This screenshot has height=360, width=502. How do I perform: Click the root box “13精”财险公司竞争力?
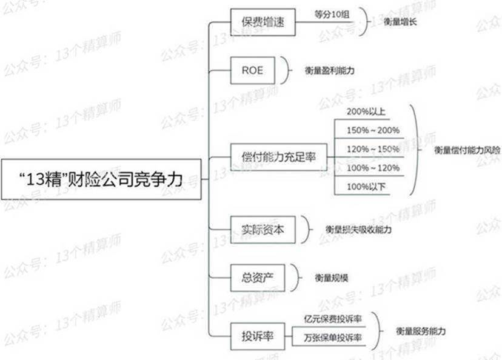(101, 179)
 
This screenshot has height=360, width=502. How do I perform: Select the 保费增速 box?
(263, 22)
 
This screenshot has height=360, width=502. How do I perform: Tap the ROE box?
(253, 70)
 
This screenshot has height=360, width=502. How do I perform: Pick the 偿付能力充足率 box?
(279, 157)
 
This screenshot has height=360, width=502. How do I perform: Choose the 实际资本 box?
(263, 230)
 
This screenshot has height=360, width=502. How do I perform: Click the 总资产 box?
(258, 278)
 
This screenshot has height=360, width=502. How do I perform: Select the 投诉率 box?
(258, 336)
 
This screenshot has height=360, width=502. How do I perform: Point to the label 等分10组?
(332, 15)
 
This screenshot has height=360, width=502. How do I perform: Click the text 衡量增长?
(400, 22)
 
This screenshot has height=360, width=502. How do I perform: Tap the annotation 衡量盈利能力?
(330, 70)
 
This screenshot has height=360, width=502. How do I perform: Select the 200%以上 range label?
(366, 112)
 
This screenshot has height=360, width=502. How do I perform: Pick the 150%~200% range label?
(373, 130)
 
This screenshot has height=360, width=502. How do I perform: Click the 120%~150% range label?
(373, 149)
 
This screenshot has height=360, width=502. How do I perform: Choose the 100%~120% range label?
(373, 168)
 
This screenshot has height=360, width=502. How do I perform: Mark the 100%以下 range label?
(366, 187)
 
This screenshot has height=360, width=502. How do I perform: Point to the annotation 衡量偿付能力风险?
(467, 150)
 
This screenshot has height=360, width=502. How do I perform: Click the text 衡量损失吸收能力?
(358, 230)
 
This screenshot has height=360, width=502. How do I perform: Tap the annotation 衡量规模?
(332, 278)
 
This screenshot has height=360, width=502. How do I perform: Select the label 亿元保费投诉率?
(333, 319)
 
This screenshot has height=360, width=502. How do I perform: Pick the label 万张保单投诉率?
(333, 338)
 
